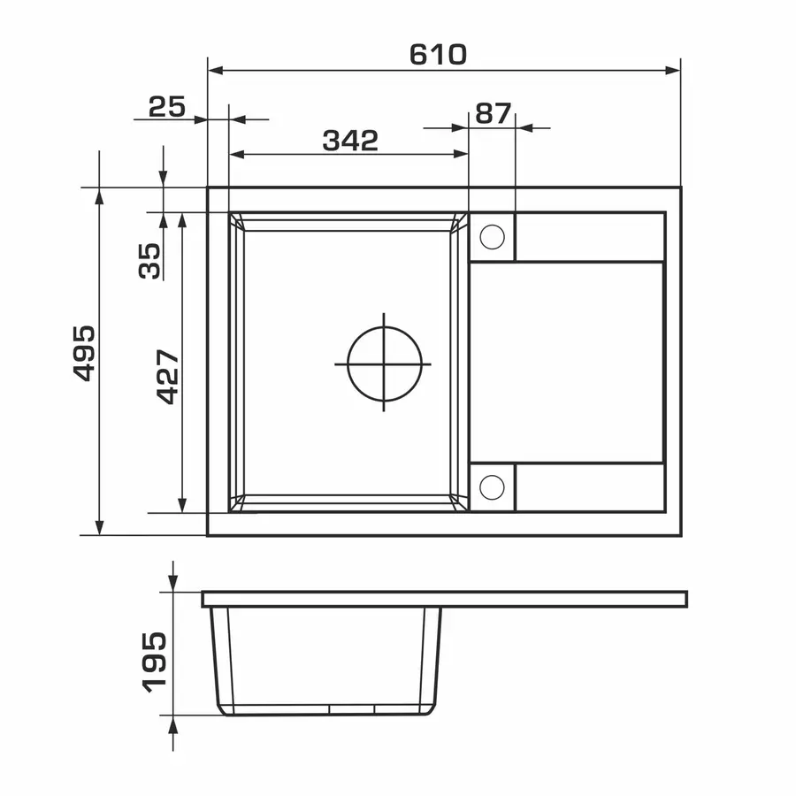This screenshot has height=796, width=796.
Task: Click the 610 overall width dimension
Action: [438, 55]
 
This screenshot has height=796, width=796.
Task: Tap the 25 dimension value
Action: [167, 107]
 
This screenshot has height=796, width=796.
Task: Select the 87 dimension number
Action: [493, 113]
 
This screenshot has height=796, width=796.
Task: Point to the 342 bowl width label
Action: [350, 141]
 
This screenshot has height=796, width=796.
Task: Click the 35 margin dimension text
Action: [149, 260]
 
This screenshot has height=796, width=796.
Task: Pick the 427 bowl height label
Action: [167, 376]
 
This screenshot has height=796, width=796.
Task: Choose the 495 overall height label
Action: [84, 353]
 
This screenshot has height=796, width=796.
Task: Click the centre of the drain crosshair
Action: [384, 364]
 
